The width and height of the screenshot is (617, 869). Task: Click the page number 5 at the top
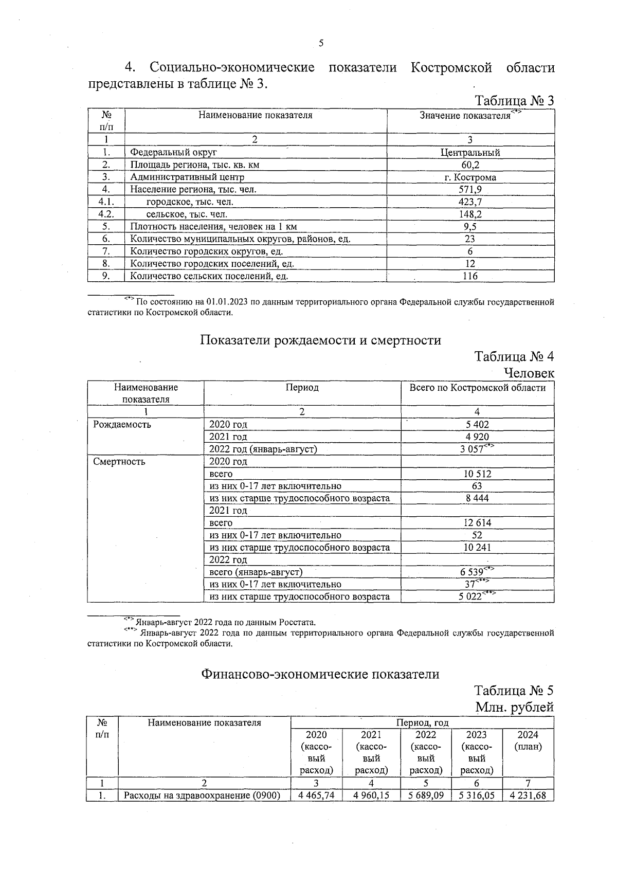(321, 44)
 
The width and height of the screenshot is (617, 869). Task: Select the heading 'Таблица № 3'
(514, 100)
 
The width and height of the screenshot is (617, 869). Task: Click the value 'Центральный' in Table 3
(470, 153)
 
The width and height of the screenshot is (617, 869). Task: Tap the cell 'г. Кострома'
(470, 177)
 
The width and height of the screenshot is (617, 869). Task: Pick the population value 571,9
(470, 190)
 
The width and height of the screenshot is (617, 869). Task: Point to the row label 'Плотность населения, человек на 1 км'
(213, 227)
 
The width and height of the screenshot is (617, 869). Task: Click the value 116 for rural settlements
(470, 276)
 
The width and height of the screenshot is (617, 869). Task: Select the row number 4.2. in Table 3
(106, 214)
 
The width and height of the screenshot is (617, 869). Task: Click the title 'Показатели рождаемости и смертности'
(320, 340)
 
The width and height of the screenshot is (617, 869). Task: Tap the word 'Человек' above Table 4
(529, 373)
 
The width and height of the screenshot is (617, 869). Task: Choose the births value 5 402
(477, 425)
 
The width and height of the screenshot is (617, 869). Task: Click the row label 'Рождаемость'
(122, 425)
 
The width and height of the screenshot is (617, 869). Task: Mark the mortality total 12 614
(477, 523)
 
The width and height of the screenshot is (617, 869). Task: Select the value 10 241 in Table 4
(477, 548)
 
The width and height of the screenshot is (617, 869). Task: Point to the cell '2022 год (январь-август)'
(263, 449)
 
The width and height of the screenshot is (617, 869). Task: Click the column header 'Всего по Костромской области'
(477, 388)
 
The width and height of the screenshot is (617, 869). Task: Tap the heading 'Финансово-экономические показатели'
(320, 674)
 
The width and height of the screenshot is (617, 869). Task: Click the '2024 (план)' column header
(528, 741)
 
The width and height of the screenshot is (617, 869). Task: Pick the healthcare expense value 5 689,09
(426, 795)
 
